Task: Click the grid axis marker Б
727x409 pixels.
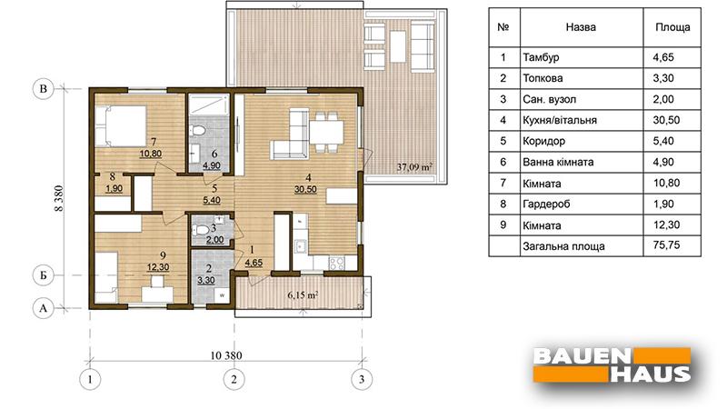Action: click(x=43, y=275)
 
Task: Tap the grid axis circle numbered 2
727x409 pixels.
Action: click(x=234, y=379)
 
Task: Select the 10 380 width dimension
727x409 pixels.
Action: click(x=225, y=355)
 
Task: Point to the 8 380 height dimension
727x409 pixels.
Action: click(x=58, y=199)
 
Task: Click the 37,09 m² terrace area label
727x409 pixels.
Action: click(x=414, y=167)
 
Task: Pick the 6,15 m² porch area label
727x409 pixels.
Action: click(x=303, y=294)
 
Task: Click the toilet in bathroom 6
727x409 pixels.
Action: click(x=198, y=130)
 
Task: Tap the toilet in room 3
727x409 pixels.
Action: click(x=200, y=230)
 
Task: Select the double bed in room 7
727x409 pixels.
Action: click(x=121, y=126)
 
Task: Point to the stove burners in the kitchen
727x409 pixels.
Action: click(x=336, y=263)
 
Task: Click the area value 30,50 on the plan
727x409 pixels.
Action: click(x=305, y=189)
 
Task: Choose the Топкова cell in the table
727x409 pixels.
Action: click(x=543, y=78)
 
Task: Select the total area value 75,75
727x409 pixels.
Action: click(x=666, y=244)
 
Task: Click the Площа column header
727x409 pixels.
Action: click(x=672, y=27)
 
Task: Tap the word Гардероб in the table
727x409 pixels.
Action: click(x=546, y=204)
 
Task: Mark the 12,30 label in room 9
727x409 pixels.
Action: click(x=158, y=267)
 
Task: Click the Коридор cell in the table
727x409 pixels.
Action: click(x=543, y=141)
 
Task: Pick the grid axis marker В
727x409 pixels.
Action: click(x=43, y=88)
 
